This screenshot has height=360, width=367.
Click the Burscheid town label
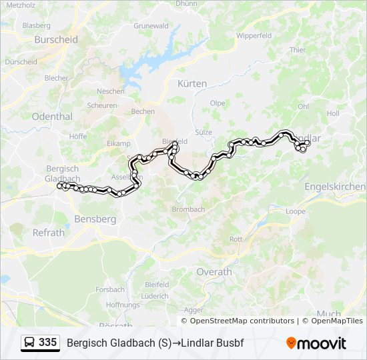pyautogui.click(x=56, y=39)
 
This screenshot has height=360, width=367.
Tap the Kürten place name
pyautogui.click(x=192, y=83)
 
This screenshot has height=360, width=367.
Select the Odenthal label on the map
pyautogui.click(x=52, y=116)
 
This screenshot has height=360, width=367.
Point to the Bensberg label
pyautogui.click(x=97, y=219)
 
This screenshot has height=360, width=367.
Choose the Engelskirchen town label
pyautogui.click(x=335, y=187)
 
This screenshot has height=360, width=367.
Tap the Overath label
pyautogui.click(x=214, y=272)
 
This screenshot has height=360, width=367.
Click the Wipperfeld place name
pyautogui.click(x=254, y=35)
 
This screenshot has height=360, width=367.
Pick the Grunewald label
pyautogui.click(x=151, y=26)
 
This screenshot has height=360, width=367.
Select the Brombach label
pyautogui.click(x=188, y=209)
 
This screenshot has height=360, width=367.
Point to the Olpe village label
pyautogui.click(x=218, y=103)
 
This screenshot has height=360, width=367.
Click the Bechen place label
pyautogui.click(x=143, y=111)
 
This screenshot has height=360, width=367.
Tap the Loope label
pyautogui.click(x=296, y=211)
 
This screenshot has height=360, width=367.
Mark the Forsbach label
pyautogui.click(x=110, y=289)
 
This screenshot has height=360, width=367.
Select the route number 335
pyautogui.click(x=47, y=343)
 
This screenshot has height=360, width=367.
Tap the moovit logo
pyautogui.click(x=316, y=343)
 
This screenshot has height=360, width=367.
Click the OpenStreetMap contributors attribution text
pyautogui.click(x=237, y=321)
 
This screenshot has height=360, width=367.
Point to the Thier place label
pyautogui.click(x=298, y=50)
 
